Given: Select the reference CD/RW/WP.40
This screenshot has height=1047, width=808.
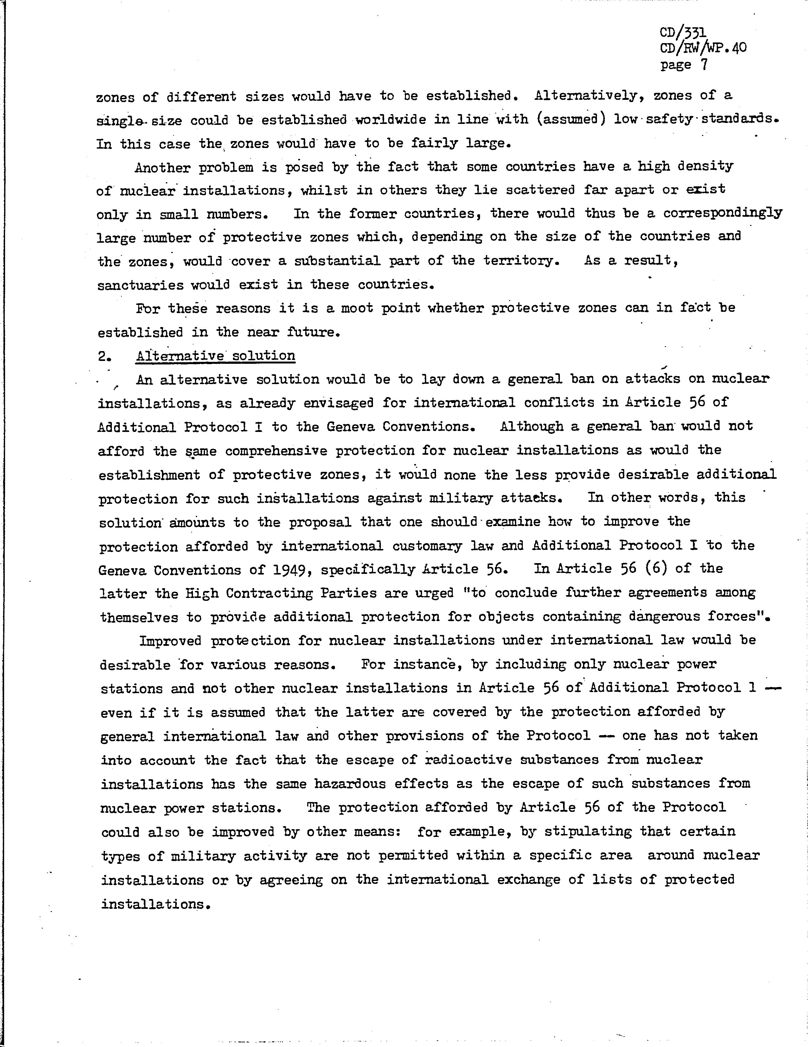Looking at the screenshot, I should tap(703, 48).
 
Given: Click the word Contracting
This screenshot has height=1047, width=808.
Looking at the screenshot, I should tap(261, 594).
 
